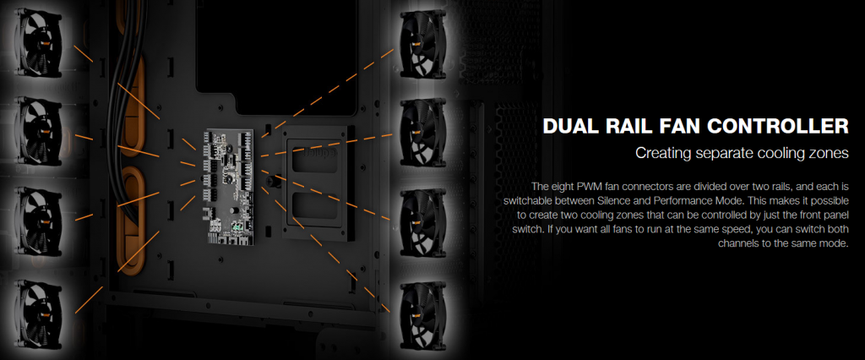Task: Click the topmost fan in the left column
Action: click(41, 43)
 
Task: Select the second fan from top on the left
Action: click(41, 133)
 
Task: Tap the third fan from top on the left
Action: click(41, 222)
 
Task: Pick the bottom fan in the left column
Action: click(41, 314)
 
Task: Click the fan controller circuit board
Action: click(230, 186)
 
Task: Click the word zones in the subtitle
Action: click(829, 153)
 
